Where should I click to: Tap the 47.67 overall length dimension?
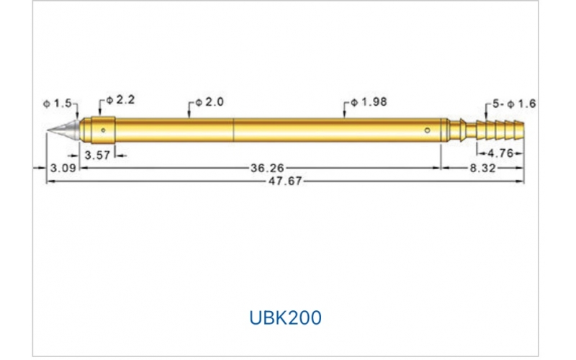click(x=285, y=182)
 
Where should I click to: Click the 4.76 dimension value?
click(x=499, y=153)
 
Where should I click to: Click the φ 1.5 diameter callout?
click(x=58, y=104)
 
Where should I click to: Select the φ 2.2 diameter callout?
click(x=120, y=100)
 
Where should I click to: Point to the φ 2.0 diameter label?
click(x=209, y=103)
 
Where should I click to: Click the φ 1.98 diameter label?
click(x=369, y=102)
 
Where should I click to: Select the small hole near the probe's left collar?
click(x=104, y=130)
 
